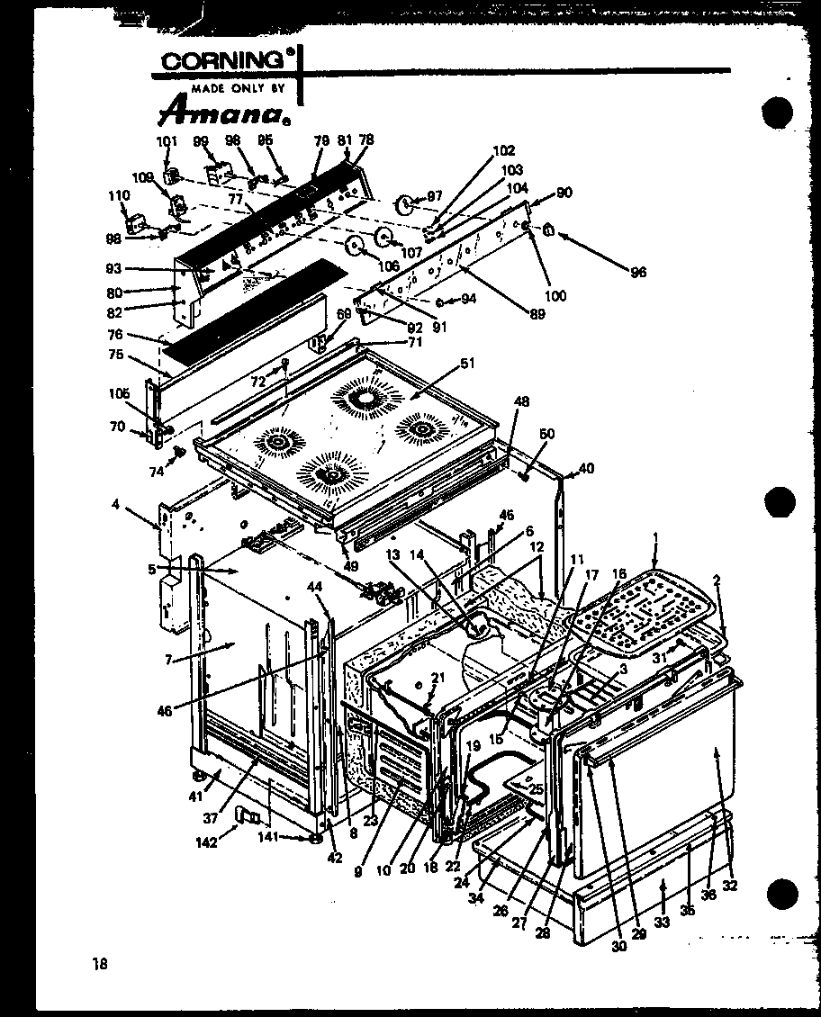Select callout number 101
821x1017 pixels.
(x=167, y=140)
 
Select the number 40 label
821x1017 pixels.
(x=586, y=467)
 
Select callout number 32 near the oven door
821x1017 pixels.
(x=729, y=886)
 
